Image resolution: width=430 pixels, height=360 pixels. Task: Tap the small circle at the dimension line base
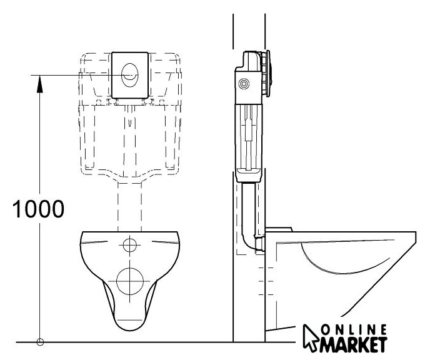tap(40, 342)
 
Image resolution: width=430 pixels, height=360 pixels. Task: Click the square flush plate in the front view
tap(131, 74)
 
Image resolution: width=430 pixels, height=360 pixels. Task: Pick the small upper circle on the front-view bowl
tap(130, 244)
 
